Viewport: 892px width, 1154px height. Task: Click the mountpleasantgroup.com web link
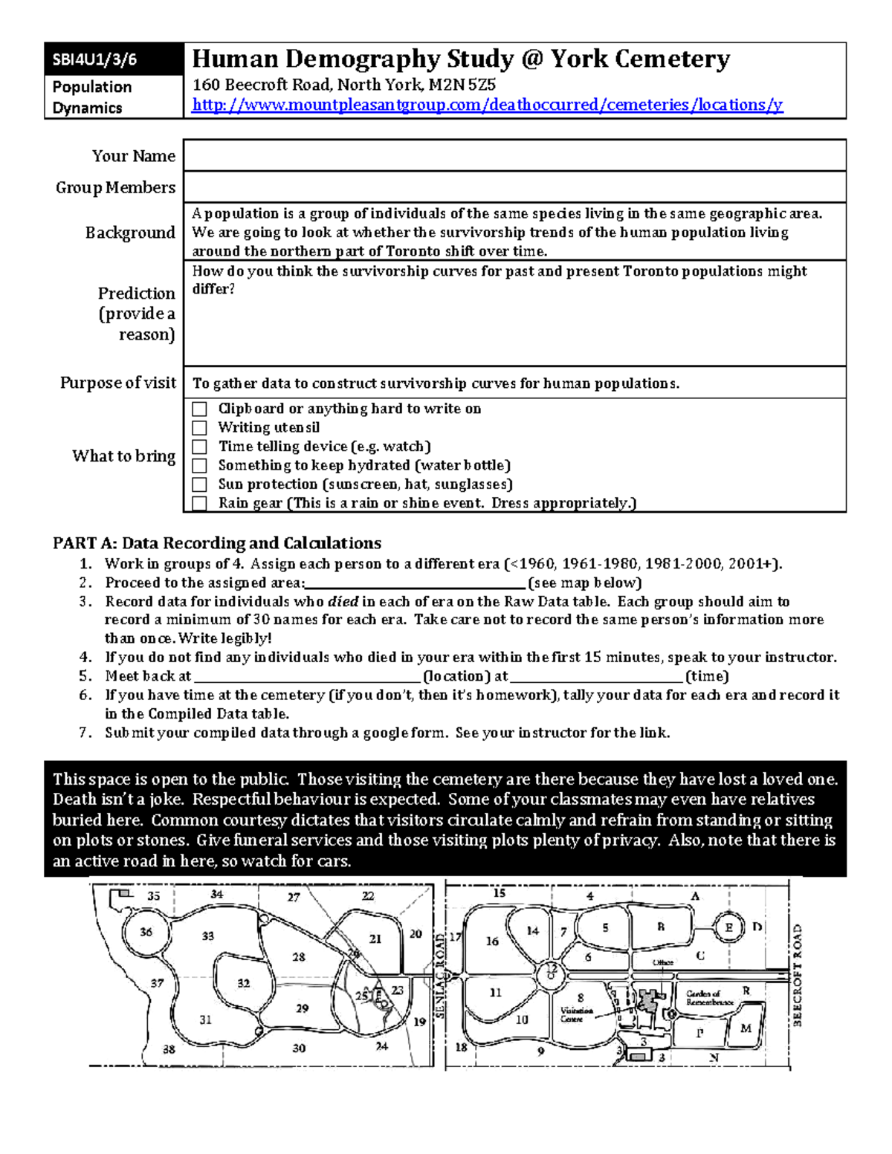[487, 105]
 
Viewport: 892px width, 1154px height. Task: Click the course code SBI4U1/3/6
[94, 60]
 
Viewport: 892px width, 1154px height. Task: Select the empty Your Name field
[514, 156]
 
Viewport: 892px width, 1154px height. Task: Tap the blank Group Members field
[514, 187]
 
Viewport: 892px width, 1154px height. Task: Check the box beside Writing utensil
[199, 428]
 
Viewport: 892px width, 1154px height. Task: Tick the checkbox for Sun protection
[199, 484]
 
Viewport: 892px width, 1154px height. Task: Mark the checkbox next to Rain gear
[199, 504]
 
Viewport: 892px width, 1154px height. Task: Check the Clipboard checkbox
[199, 409]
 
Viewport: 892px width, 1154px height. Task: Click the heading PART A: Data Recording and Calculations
[217, 543]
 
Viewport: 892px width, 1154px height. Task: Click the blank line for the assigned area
[416, 583]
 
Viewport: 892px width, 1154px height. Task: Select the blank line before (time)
[596, 677]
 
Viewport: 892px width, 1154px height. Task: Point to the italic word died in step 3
[343, 602]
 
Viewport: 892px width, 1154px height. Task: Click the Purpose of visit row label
[118, 383]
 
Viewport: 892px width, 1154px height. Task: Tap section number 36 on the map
[146, 932]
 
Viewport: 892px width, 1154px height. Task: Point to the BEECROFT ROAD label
[797, 975]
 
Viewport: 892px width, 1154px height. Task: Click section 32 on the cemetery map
[244, 983]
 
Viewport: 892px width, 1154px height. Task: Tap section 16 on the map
[492, 941]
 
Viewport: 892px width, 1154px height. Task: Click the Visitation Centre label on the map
[577, 1015]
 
